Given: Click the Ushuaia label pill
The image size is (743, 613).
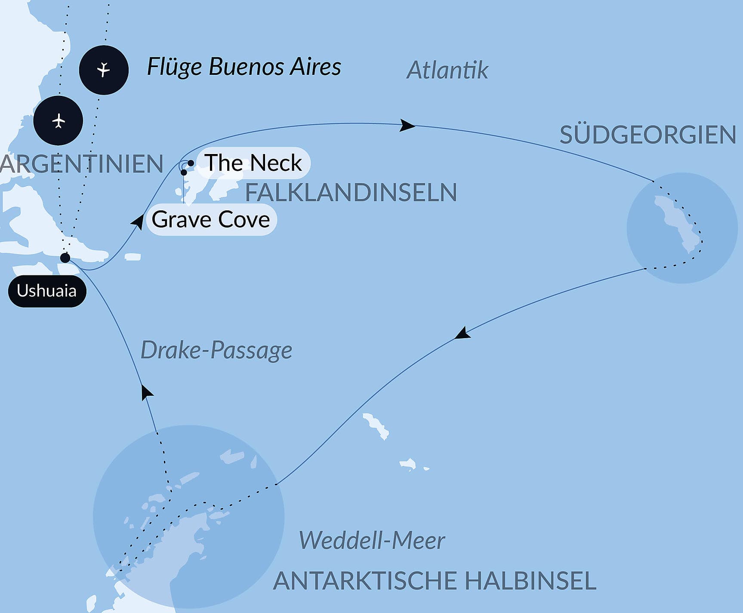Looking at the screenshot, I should [x=47, y=291].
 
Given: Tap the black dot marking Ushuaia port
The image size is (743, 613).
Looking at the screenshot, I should [x=65, y=258].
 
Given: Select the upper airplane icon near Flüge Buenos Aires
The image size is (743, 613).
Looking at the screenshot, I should [x=104, y=70].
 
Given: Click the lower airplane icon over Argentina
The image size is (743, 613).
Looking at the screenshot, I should [x=58, y=120].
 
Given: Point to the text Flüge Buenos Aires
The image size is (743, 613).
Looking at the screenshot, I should [x=244, y=67].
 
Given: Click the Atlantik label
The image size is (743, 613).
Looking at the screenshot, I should [x=447, y=70].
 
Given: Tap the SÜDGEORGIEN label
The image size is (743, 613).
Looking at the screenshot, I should [x=647, y=135].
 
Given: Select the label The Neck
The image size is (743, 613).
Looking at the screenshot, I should [x=253, y=163].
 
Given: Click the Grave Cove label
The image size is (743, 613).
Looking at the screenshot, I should [x=211, y=220].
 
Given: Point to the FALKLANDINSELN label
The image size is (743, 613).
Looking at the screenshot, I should [x=351, y=192].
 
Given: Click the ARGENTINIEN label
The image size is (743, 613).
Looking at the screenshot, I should [x=82, y=164].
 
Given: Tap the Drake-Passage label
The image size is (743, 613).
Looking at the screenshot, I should [x=216, y=350].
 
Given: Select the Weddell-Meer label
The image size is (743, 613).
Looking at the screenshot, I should [x=372, y=540].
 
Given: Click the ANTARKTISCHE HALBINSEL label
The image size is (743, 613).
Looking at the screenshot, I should [x=435, y=581].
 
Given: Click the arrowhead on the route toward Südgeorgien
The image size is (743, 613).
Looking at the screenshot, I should [x=407, y=125].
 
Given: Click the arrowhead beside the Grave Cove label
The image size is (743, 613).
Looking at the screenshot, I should [x=138, y=222].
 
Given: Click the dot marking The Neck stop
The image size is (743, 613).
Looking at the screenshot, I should [x=191, y=163].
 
